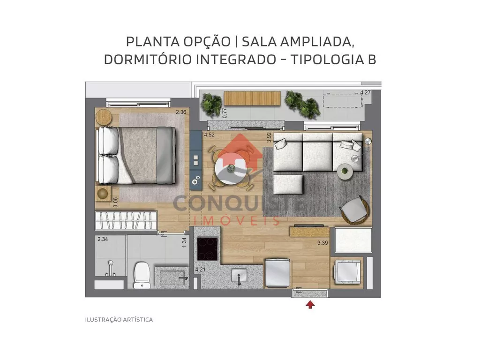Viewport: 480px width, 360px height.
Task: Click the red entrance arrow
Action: pos(310,305)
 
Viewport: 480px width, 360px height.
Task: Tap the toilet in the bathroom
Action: pos(142,275)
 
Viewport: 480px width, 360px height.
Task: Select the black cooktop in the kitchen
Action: pos(207,248)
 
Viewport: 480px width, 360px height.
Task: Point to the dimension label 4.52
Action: pos(210,135)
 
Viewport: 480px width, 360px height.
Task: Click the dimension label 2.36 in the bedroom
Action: pos(181,112)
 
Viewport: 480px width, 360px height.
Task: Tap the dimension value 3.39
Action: pos(322,243)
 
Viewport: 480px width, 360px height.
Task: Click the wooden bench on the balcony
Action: pos(252,98)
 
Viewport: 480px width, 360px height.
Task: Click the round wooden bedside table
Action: pos(104,117)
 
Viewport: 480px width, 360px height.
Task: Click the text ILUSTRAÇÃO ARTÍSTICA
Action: pos(119,320)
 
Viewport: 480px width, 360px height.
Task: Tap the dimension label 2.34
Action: pos(103,239)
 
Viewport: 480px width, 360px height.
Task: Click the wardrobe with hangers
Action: pos(126,220)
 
